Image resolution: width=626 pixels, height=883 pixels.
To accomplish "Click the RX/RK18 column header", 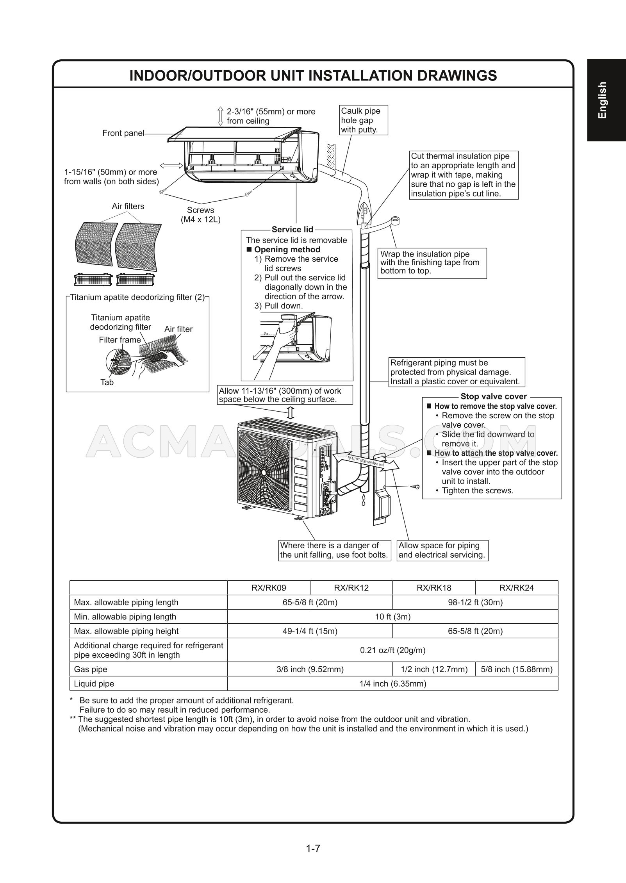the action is pyautogui.click(x=434, y=587).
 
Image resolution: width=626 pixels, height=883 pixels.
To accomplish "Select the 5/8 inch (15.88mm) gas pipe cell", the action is pyautogui.click(x=517, y=669).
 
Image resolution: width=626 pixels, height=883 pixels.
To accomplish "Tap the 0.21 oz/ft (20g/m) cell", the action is pyautogui.click(x=392, y=650).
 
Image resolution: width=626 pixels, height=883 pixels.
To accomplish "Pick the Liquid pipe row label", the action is pyautogui.click(x=94, y=683).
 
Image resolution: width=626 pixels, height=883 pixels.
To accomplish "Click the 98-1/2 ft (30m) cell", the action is pyautogui.click(x=475, y=602).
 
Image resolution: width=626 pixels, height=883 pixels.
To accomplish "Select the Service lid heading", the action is pyautogui.click(x=292, y=230).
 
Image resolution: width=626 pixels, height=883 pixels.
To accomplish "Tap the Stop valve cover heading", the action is pyautogui.click(x=494, y=396).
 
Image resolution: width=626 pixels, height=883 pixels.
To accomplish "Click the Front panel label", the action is pyautogui.click(x=123, y=133).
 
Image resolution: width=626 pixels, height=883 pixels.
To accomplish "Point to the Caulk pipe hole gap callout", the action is pyautogui.click(x=364, y=120).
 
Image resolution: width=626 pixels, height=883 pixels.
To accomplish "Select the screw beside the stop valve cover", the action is pyautogui.click(x=415, y=487).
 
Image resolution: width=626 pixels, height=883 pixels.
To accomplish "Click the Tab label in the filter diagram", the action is pyautogui.click(x=107, y=382).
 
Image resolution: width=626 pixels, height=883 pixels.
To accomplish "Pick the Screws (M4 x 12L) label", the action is pyautogui.click(x=200, y=215).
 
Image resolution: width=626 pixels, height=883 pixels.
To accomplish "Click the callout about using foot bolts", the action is pyautogui.click(x=335, y=550).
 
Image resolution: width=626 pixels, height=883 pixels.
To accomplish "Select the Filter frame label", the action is pyautogui.click(x=120, y=340).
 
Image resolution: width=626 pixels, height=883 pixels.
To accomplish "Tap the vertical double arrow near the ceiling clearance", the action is pyautogui.click(x=220, y=116).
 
